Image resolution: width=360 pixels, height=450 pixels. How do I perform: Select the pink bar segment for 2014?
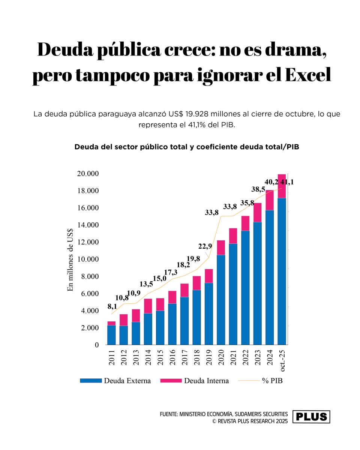pyautogui.click(x=148, y=306)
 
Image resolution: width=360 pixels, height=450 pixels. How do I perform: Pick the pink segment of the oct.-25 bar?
pyautogui.click(x=282, y=186)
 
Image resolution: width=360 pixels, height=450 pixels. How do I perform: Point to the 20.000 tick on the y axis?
pyautogui.click(x=88, y=174)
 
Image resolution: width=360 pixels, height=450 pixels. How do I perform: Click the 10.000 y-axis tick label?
pyautogui.click(x=88, y=259)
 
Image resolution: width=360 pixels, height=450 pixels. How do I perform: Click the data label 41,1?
pyautogui.click(x=287, y=182)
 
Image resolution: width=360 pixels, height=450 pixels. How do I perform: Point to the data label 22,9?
pyautogui.click(x=205, y=246)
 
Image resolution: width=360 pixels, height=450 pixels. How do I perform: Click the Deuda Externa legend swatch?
pyautogui.click(x=91, y=381)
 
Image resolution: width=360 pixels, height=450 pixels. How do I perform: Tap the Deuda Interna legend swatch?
pyautogui.click(x=171, y=381)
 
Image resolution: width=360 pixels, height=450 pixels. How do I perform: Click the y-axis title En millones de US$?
pyautogui.click(x=70, y=259)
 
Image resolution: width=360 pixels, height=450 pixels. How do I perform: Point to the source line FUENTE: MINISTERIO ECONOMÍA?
pyautogui.click(x=224, y=414)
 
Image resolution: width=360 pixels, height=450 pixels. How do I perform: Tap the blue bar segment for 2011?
pyautogui.click(x=111, y=334)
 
